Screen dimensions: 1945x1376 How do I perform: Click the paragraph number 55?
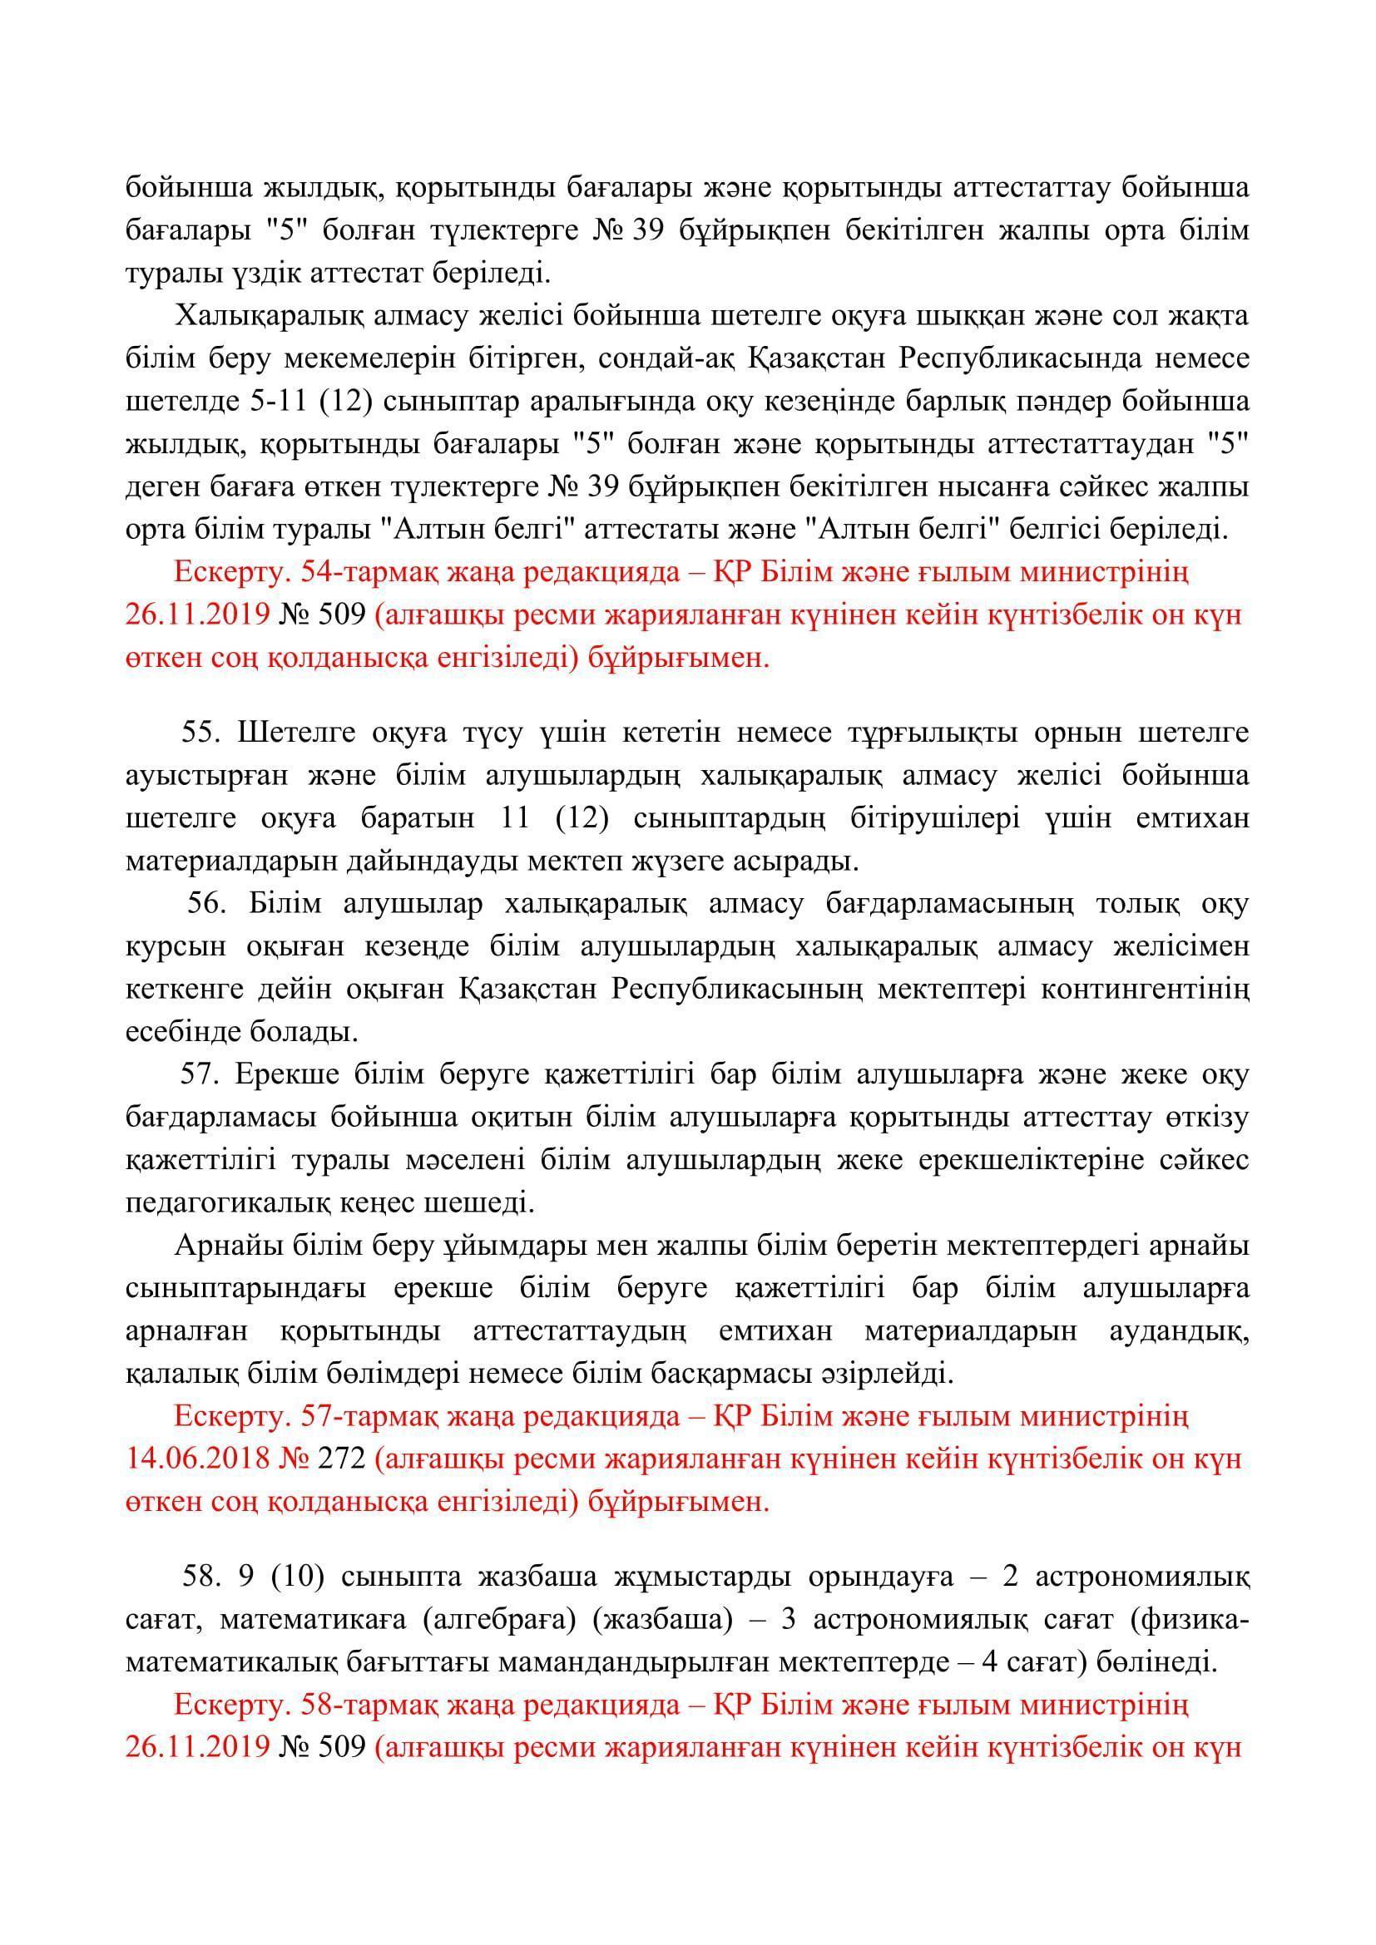[200, 733]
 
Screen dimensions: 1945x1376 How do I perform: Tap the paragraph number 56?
[205, 904]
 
